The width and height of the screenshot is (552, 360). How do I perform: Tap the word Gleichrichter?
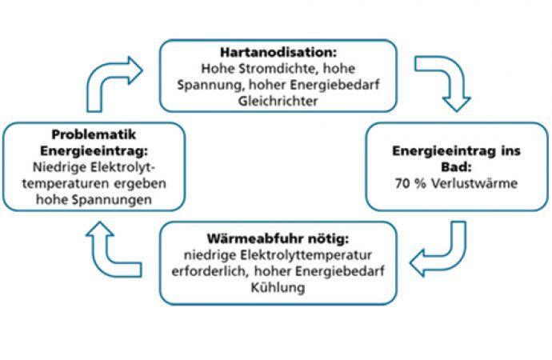[x=278, y=102]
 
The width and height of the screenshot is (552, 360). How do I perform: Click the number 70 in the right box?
[x=402, y=183]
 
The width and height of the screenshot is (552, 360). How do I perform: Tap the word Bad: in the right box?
[x=456, y=167]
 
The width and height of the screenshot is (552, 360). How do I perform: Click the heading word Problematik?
[x=94, y=134]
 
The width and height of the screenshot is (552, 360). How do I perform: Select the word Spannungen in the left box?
[x=112, y=200]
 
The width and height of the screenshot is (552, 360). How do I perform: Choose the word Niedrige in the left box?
[x=59, y=167]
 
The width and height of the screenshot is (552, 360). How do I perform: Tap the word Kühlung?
[x=278, y=287]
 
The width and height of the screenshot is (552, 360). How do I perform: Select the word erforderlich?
[x=210, y=271]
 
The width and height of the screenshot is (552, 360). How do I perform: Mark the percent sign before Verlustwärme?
[x=420, y=183]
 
